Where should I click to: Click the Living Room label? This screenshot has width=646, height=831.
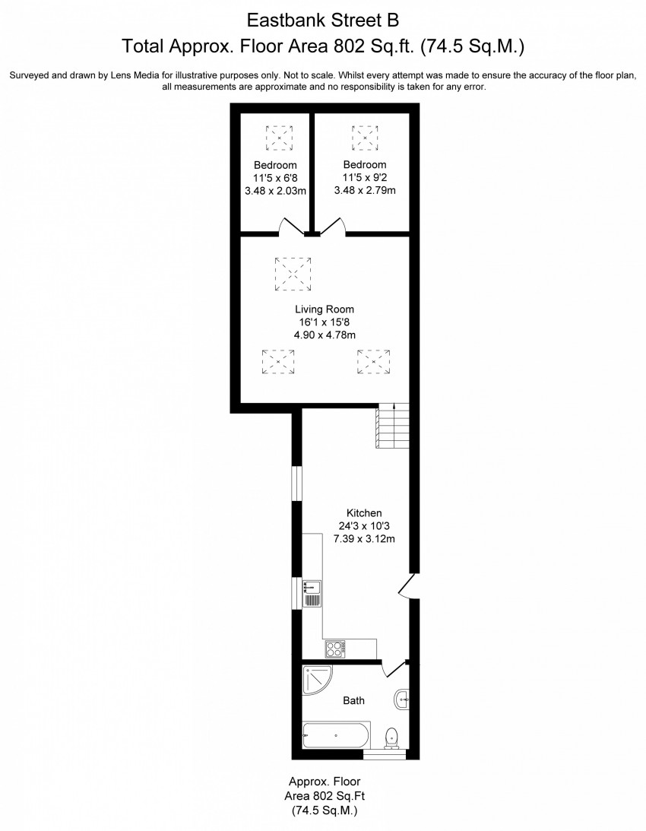point(325,309)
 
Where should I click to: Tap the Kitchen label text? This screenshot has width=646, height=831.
point(364,513)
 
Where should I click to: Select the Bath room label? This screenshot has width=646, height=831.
point(353,701)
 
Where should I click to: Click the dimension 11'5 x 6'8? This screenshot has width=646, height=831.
point(275,178)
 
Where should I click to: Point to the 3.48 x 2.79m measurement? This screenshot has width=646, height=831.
point(365,190)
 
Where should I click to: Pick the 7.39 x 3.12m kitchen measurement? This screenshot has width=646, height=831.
point(364,539)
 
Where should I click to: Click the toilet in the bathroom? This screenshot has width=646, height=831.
point(391,737)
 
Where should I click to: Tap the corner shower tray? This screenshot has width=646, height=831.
point(317,680)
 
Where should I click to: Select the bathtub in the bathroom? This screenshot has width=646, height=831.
point(337,735)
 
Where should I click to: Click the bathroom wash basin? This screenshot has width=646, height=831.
point(402,699)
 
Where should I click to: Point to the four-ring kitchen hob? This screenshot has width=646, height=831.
point(335,649)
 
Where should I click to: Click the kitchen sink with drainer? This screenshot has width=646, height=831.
point(312,594)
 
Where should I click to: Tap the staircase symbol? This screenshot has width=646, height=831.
point(393,426)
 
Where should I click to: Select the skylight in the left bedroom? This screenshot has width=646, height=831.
point(279,138)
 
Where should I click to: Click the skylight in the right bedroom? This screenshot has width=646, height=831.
point(365,138)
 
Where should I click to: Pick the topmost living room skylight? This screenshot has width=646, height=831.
point(293,274)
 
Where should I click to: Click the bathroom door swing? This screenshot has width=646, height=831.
point(393,669)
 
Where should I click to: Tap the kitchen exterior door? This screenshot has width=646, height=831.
point(408,586)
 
